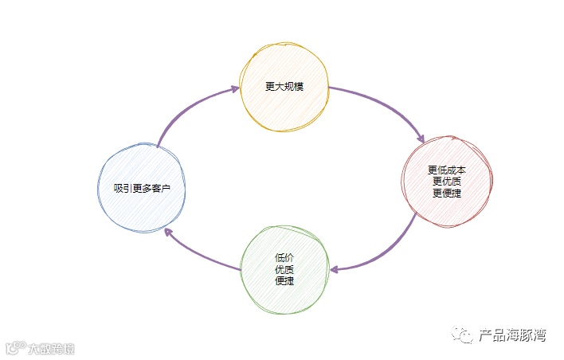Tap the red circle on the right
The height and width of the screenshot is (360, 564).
[447, 181]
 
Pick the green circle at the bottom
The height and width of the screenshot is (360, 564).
[284, 269]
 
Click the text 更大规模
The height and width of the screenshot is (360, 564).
[284, 86]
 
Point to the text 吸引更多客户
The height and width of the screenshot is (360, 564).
[142, 188]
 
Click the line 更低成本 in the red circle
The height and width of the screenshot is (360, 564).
[447, 170]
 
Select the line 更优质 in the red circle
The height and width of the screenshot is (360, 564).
[447, 181]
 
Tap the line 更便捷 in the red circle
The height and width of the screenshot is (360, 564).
[447, 192]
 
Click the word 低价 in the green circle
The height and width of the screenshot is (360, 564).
[284, 257]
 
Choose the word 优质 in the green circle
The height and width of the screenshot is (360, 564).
[284, 269]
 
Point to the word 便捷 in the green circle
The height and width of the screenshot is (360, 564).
[284, 280]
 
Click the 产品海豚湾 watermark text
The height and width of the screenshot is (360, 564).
[511, 336]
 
